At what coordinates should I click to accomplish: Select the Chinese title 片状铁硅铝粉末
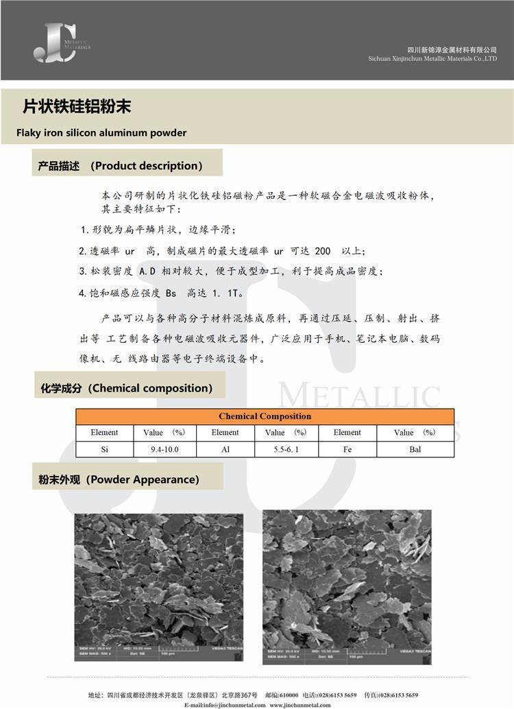(77, 107)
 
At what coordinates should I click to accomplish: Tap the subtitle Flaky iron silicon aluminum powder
(101, 133)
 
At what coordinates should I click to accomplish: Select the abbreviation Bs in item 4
(171, 293)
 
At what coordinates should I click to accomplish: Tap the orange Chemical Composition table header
(265, 416)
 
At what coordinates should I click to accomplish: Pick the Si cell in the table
(104, 450)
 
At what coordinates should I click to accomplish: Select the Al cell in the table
(225, 450)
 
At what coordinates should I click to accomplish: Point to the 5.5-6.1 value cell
(286, 450)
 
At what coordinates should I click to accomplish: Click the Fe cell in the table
(347, 450)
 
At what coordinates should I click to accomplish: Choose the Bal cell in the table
(415, 450)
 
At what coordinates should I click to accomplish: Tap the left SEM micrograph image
(158, 586)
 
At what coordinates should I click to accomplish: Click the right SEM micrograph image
(347, 586)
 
